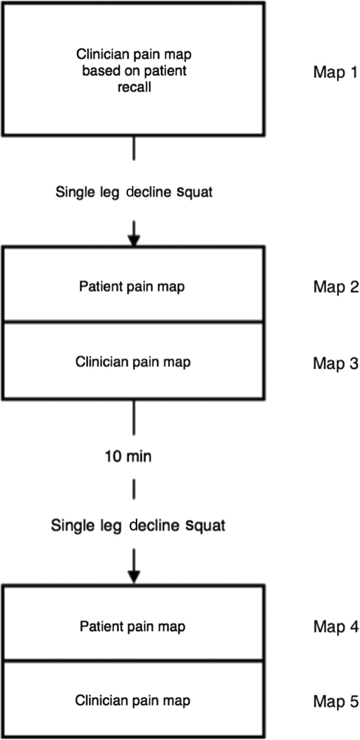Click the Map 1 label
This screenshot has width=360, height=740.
(335, 72)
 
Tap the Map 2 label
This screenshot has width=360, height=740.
(335, 287)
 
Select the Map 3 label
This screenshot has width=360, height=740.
(335, 363)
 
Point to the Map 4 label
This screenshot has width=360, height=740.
(335, 627)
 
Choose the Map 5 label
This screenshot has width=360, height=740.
(335, 701)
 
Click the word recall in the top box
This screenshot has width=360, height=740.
(134, 87)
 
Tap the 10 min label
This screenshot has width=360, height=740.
(128, 456)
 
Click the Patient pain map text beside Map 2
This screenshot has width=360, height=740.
(132, 287)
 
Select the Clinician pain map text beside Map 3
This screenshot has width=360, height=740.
(133, 362)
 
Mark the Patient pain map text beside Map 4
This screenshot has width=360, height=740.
(133, 626)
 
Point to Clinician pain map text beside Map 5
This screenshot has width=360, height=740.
(133, 700)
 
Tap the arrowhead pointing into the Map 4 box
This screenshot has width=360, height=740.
(134, 578)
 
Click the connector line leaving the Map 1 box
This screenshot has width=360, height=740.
(134, 148)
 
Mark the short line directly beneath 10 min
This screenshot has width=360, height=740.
(134, 489)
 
